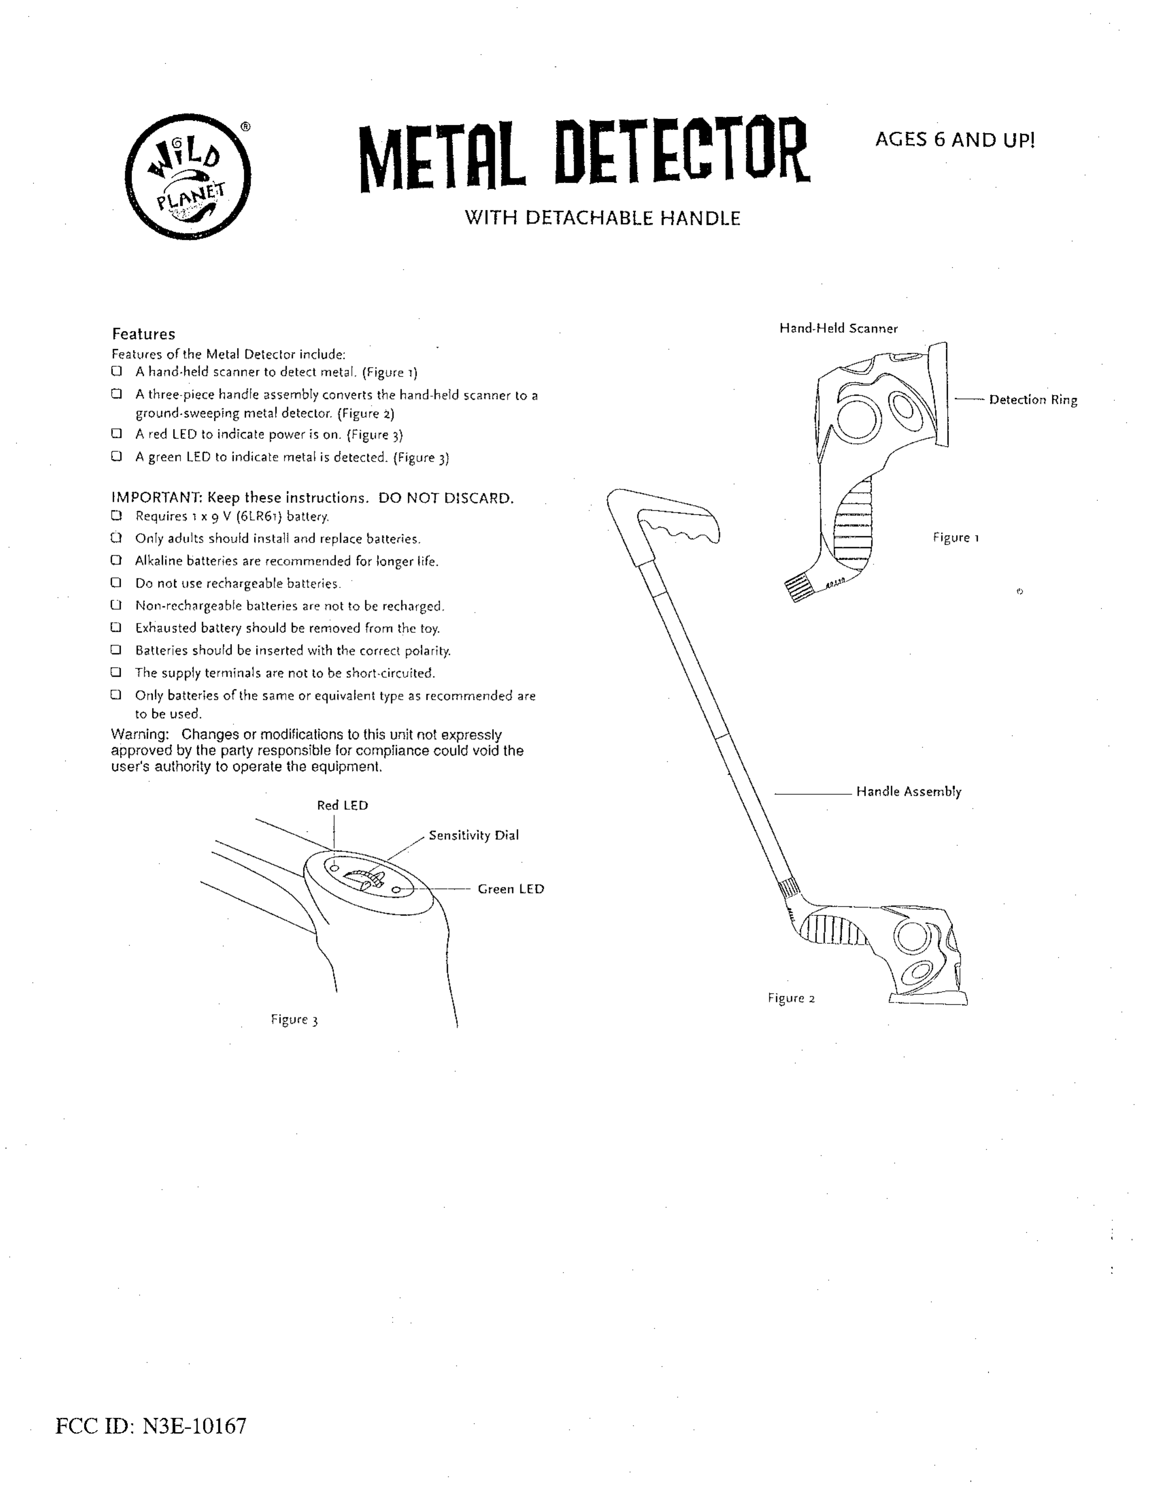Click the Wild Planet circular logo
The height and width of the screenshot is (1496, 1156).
tap(188, 177)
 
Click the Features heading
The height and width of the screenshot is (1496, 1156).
tap(144, 334)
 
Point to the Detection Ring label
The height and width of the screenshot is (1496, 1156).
tap(1033, 400)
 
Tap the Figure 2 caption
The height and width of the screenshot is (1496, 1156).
tap(791, 998)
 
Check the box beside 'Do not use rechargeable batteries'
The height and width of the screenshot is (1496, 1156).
tap(116, 583)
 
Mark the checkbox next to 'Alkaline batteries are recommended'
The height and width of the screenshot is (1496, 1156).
tap(116, 560)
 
